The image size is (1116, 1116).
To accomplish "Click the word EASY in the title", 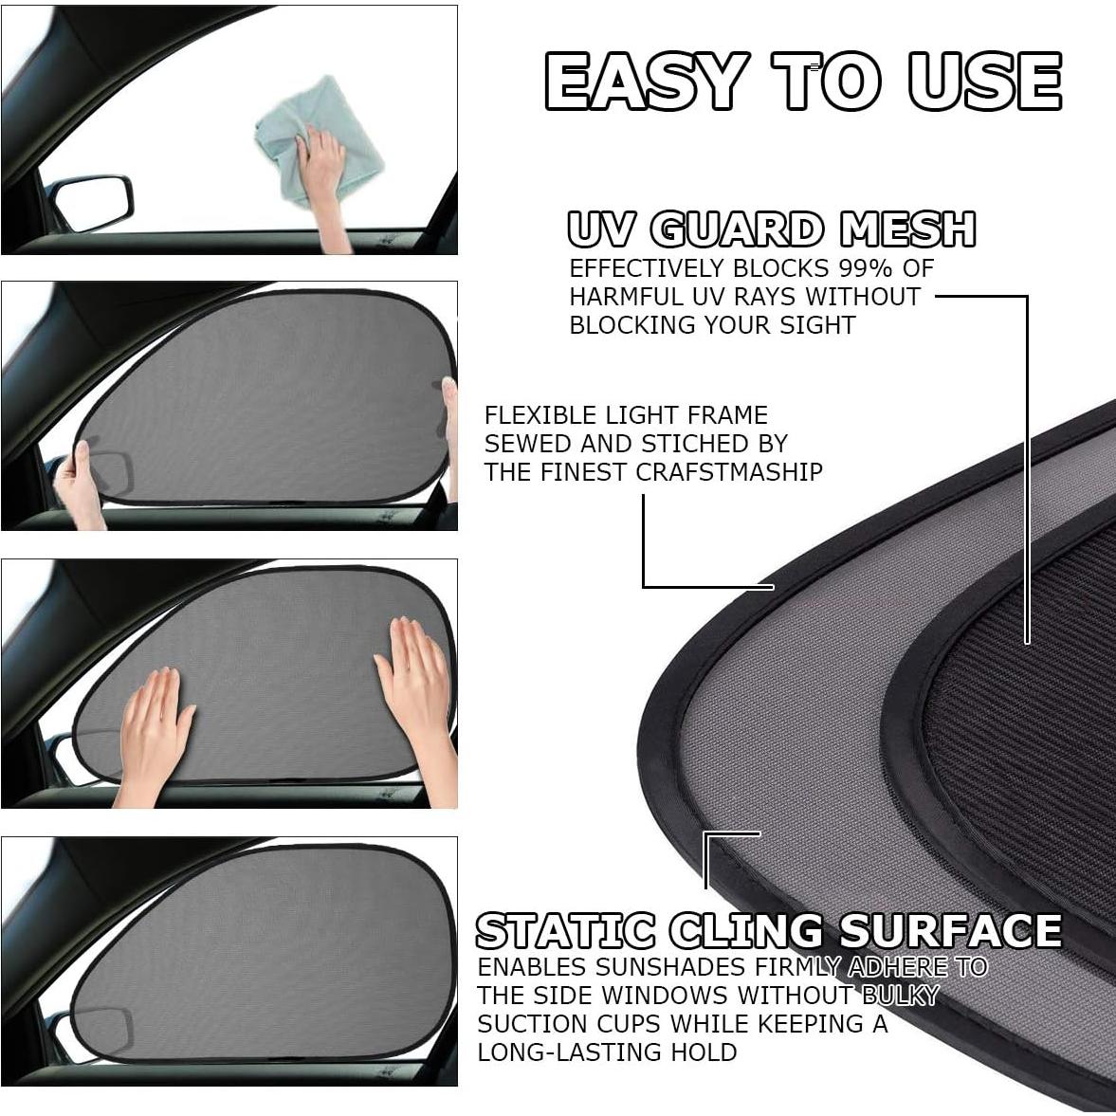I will (x=646, y=82).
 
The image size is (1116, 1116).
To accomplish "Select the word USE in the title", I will (x=984, y=82).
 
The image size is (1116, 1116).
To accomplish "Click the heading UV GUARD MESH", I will (x=771, y=229).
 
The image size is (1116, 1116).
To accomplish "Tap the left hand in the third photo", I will (x=154, y=730).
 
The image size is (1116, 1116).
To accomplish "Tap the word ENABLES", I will (x=532, y=967).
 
